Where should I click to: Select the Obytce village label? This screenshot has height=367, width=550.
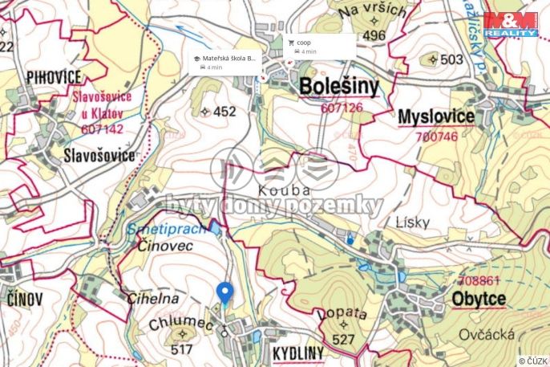[479, 299]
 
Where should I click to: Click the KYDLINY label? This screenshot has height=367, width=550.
[297, 353]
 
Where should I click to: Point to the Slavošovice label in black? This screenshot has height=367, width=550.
[99, 156]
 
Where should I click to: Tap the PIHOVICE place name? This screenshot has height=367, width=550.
[54, 77]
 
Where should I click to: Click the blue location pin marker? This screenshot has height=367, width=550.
[225, 293]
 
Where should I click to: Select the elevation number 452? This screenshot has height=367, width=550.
[224, 112]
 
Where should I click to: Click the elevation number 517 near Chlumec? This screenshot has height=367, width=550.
[182, 349]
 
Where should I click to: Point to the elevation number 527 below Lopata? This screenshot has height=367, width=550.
[343, 340]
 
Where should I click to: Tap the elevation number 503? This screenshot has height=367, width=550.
[452, 59]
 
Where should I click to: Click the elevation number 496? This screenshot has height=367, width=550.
[374, 35]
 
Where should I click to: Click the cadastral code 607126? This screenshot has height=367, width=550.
[342, 107]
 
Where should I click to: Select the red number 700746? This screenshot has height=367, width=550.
[438, 137]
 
